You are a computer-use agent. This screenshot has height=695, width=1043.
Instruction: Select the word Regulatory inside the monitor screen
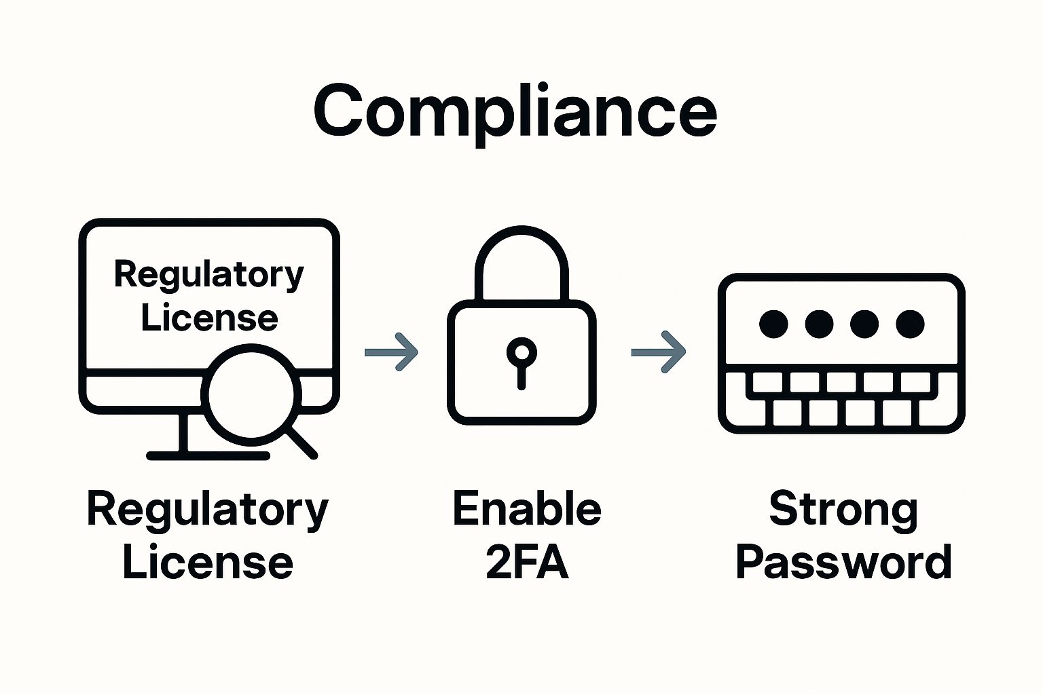(x=208, y=275)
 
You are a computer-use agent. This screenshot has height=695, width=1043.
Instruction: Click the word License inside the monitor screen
(x=209, y=318)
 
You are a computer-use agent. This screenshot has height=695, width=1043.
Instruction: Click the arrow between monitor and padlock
(x=392, y=352)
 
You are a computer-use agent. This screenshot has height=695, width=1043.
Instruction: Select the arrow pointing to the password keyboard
(x=659, y=352)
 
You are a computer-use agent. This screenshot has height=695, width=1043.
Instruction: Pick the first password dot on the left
(x=773, y=324)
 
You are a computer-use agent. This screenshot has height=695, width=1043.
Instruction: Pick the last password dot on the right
(x=910, y=324)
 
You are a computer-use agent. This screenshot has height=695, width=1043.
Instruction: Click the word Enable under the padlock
(x=527, y=510)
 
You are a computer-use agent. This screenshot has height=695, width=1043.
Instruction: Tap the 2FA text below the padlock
(x=527, y=563)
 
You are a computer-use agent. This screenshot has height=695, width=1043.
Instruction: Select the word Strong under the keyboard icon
(x=843, y=510)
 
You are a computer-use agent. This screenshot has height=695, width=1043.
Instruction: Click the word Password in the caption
(x=843, y=563)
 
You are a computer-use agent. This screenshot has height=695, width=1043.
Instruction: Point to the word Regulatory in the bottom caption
(x=207, y=511)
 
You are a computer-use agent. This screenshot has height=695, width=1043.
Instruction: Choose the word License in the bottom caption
(x=207, y=563)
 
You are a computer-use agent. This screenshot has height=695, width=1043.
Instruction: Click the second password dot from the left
(x=819, y=324)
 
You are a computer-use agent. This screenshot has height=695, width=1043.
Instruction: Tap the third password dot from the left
(x=864, y=324)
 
